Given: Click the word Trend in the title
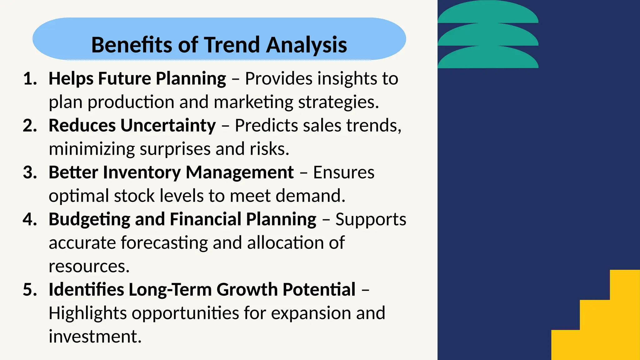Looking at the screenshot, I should click(232, 45).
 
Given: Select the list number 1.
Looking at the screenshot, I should click(30, 78).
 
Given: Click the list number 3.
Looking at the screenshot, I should click(30, 172).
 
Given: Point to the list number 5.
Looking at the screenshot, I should click(30, 290).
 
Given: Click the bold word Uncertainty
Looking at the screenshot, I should click(168, 126).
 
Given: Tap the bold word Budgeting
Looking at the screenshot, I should click(89, 220).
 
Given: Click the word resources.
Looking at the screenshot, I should click(89, 267).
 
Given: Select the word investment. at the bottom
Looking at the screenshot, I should click(95, 337).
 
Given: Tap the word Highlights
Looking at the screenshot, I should click(87, 313).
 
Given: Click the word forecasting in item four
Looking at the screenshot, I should click(164, 243).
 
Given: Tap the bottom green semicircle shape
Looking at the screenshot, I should click(488, 58).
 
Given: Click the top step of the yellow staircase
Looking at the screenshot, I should click(625, 284).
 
